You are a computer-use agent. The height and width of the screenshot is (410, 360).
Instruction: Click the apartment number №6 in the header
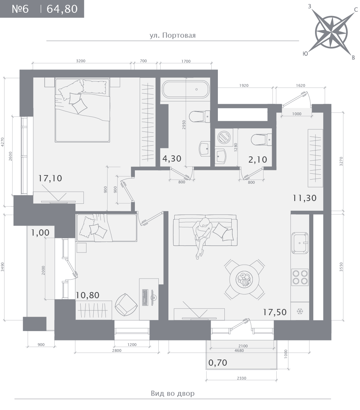(x=20, y=9)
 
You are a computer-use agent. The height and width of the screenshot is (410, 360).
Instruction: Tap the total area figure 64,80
(x=62, y=9)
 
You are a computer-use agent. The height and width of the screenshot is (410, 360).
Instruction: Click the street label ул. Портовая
(x=173, y=35)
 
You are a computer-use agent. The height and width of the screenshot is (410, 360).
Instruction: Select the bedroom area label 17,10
(x=50, y=178)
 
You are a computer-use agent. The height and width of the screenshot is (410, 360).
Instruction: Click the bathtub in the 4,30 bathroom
(x=186, y=89)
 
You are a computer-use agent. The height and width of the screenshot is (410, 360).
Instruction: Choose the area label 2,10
(x=258, y=160)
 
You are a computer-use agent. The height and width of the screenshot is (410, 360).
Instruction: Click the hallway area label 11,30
(x=305, y=198)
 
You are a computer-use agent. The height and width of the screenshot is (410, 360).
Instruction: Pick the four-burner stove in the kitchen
(x=300, y=277)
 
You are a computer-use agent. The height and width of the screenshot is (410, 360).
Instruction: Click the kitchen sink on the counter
(x=300, y=243)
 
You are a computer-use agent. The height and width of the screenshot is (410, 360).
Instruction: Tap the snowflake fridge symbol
(x=300, y=311)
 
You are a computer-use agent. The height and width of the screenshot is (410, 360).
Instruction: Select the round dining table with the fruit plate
(x=244, y=279)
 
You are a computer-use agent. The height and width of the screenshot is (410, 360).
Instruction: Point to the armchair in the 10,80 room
(x=126, y=305)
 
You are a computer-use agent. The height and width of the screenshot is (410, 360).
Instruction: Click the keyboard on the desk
(x=145, y=298)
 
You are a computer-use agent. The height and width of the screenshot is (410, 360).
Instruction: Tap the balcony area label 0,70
(x=218, y=363)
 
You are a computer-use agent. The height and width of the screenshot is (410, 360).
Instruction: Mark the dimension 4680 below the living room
(x=239, y=350)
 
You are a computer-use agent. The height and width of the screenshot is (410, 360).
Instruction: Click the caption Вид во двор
(x=173, y=393)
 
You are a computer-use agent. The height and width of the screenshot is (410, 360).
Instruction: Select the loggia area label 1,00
(x=40, y=233)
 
